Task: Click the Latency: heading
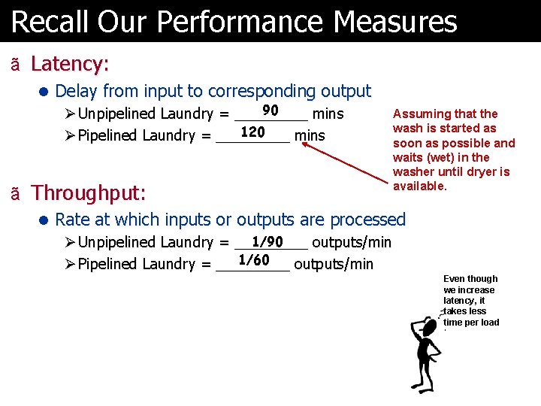click(70, 63)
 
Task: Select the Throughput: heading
click(88, 192)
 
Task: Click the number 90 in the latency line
click(270, 111)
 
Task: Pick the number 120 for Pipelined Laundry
click(252, 132)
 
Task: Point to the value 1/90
click(267, 241)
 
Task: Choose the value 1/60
click(253, 261)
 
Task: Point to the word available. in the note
click(419, 186)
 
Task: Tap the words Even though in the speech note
click(470, 279)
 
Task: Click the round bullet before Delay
click(44, 92)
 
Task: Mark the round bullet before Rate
click(44, 220)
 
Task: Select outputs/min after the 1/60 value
click(333, 264)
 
